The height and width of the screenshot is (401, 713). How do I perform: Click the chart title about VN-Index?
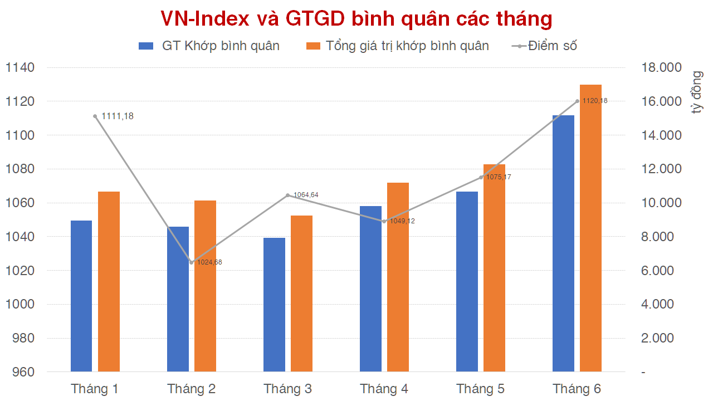356,19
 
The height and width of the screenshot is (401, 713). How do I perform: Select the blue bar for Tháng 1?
81,296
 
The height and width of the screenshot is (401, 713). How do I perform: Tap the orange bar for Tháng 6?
590,228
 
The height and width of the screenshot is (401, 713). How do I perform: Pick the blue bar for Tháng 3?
274,305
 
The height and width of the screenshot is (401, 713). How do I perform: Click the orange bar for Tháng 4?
398,277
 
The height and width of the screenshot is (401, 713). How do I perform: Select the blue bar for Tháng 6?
563,243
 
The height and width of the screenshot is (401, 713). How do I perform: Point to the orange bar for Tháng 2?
205,286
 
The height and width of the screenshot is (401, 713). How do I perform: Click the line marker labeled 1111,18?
95,116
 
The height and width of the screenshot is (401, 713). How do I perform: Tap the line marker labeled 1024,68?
192,262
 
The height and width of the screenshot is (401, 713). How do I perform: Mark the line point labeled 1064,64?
287,195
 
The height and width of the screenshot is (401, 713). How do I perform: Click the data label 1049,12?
402,221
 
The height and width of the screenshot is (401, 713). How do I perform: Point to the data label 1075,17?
499,177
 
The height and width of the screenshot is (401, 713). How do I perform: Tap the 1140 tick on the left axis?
20,68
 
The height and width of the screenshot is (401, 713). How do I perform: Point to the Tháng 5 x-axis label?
480,389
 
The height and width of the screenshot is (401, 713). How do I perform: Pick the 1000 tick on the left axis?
20,305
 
